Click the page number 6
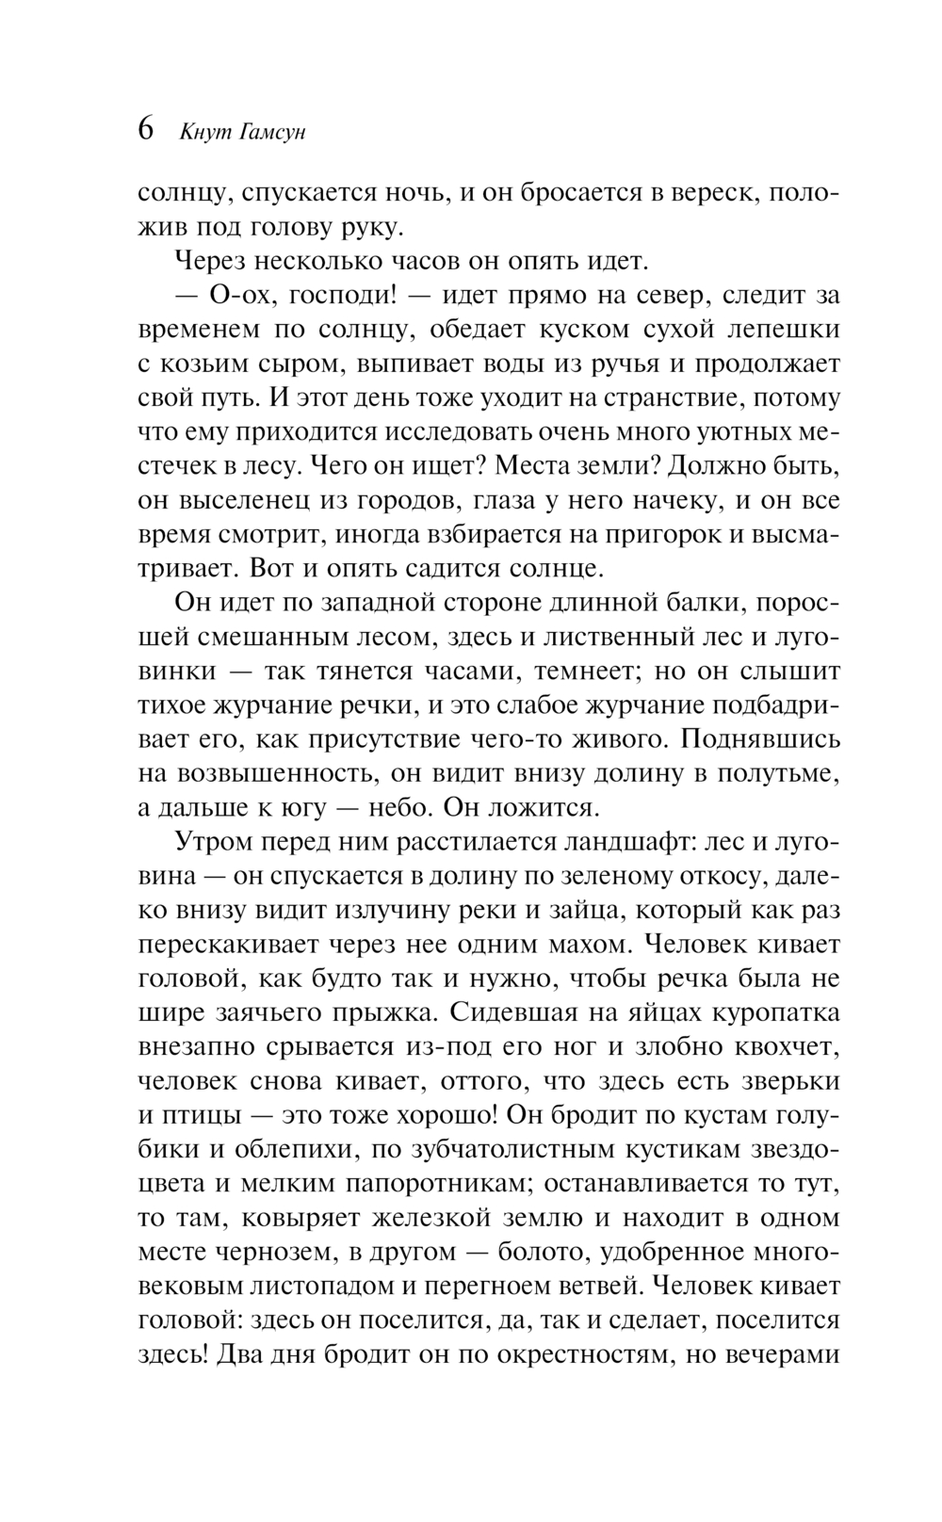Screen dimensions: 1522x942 (147, 129)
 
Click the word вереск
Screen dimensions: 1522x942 (706, 192)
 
